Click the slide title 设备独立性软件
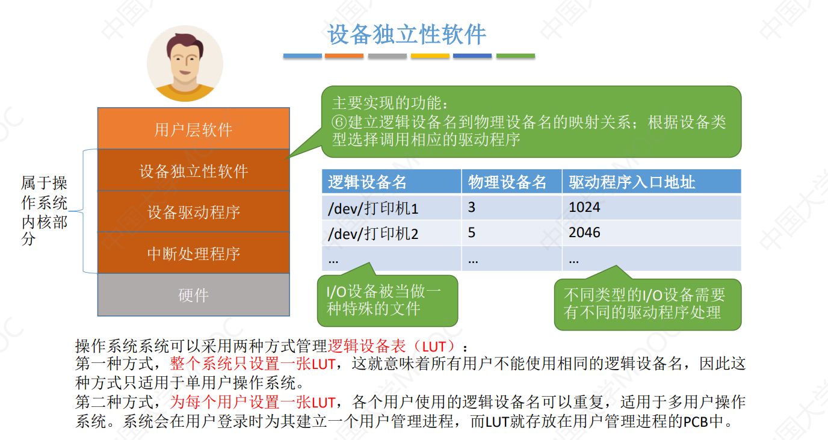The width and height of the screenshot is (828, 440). click(x=407, y=34)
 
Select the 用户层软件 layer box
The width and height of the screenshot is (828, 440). click(x=193, y=129)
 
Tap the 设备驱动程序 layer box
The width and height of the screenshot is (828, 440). click(x=193, y=212)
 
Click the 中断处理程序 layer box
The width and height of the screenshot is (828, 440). click(x=193, y=253)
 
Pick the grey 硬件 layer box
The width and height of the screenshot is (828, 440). click(x=193, y=295)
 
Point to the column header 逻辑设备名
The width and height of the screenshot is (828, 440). click(x=367, y=182)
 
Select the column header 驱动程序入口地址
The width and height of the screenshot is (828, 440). click(x=632, y=182)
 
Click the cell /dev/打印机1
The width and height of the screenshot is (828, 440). click(x=373, y=208)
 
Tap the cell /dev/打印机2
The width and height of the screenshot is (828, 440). click(x=373, y=233)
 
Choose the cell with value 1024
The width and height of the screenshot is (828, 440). click(x=584, y=208)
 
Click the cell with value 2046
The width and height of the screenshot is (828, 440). click(x=584, y=233)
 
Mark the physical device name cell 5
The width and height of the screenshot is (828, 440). click(x=472, y=233)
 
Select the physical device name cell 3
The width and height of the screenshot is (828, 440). click(x=472, y=208)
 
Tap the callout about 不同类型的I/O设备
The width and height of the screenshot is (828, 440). click(x=646, y=303)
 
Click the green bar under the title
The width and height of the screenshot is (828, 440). click(x=515, y=56)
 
